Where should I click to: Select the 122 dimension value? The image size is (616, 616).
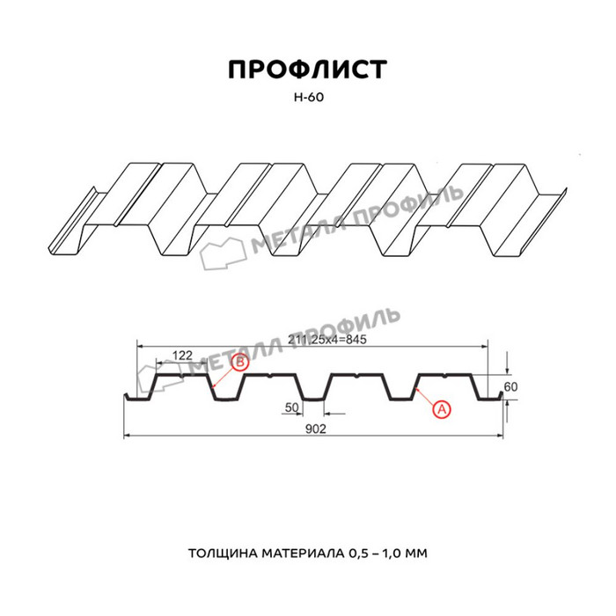click(181, 356)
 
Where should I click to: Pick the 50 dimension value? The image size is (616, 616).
click(292, 407)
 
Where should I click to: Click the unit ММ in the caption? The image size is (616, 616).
click(417, 554)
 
